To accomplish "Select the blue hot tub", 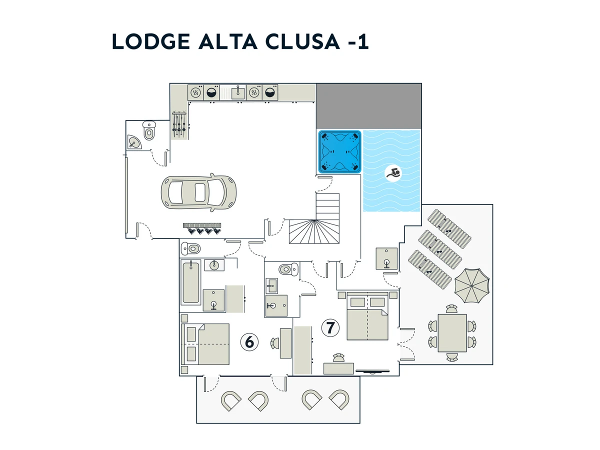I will click(340, 152).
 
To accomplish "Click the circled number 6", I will click(249, 342).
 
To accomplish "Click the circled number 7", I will click(330, 328).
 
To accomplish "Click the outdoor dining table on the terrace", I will click(452, 333).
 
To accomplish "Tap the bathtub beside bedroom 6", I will click(191, 282).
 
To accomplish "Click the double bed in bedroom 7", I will click(367, 317).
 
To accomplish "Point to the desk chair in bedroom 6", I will click(275, 343).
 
